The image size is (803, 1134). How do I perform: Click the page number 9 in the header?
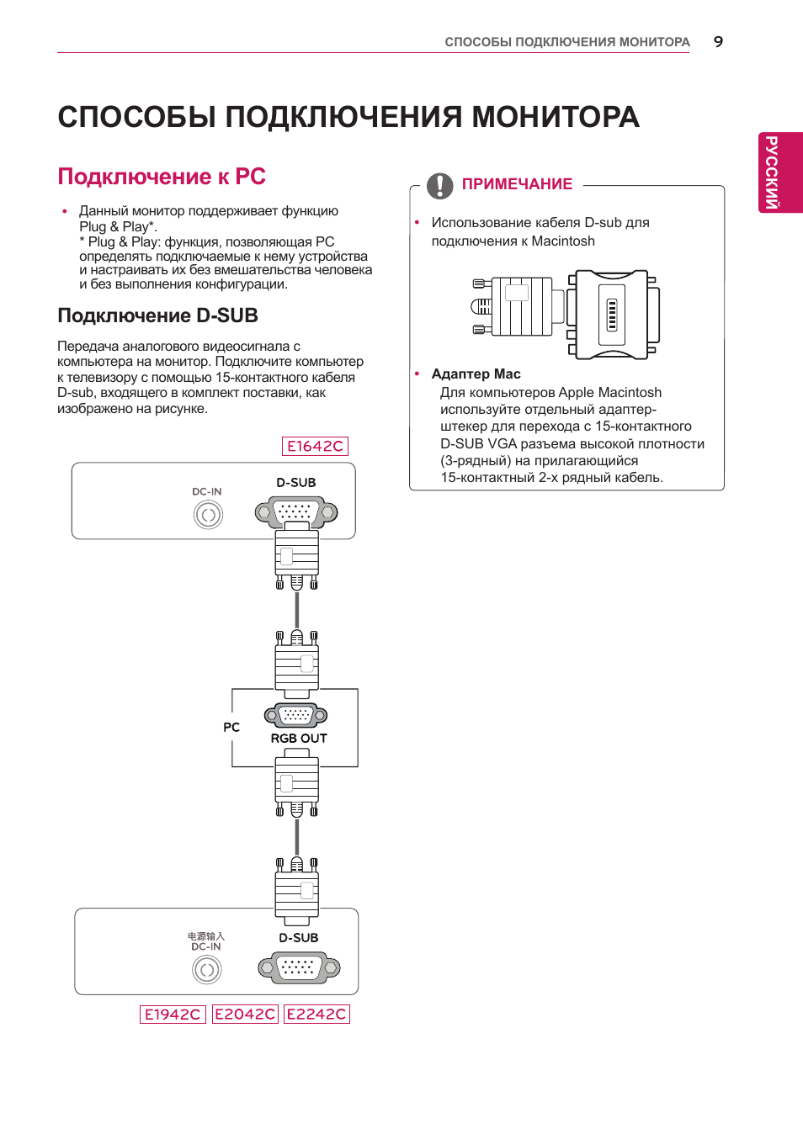pyautogui.click(x=718, y=42)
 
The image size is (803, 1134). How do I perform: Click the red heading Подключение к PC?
pyautogui.click(x=162, y=177)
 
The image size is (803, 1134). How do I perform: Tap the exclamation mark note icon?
pyautogui.click(x=439, y=185)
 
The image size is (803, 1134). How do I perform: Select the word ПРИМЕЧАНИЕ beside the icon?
pyautogui.click(x=517, y=184)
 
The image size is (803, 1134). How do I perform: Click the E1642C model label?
pyautogui.click(x=315, y=446)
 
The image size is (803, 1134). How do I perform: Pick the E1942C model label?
pyautogui.click(x=173, y=1014)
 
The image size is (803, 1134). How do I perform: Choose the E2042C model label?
pyautogui.click(x=245, y=1014)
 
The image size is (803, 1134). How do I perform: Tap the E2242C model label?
pyautogui.click(x=316, y=1014)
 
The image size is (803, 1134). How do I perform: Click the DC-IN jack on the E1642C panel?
pyautogui.click(x=208, y=514)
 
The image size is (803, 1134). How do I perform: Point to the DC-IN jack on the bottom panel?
pyautogui.click(x=207, y=970)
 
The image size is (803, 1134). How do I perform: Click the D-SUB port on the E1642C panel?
pyautogui.click(x=296, y=511)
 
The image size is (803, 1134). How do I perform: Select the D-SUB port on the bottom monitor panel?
pyautogui.click(x=299, y=967)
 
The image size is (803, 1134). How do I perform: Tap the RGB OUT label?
pyautogui.click(x=299, y=739)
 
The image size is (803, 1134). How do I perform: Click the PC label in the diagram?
pyautogui.click(x=231, y=728)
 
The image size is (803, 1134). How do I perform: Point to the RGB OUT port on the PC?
pyautogui.click(x=295, y=715)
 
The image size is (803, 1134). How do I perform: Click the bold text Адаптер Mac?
pyautogui.click(x=476, y=374)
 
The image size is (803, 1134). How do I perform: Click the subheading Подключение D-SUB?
pyautogui.click(x=157, y=315)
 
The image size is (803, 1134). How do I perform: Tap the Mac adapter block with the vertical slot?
pyautogui.click(x=612, y=315)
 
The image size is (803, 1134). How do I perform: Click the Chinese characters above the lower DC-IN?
pyautogui.click(x=206, y=935)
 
